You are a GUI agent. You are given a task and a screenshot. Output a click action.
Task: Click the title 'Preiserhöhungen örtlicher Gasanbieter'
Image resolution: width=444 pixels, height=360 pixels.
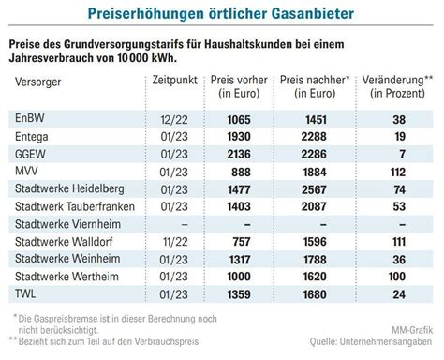[x=222, y=13]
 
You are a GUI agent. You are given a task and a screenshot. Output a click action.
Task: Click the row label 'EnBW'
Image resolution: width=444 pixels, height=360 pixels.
[x=30, y=120]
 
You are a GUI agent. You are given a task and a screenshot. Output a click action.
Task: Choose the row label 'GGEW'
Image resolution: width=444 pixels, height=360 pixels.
[x=32, y=154]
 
